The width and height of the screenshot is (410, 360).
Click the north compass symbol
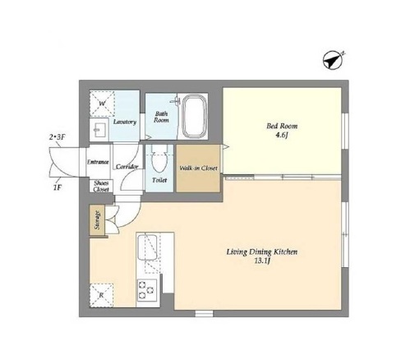coord(333,60)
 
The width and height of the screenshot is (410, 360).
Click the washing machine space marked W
coord(102,104)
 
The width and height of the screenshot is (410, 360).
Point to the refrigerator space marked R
coord(101,295)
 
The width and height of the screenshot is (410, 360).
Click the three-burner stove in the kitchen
coord(147,290)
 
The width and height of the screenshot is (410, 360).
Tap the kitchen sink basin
coord(147,247)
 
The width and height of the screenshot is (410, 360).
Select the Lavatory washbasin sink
coord(99,129)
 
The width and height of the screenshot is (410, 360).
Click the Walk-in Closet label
coord(198,168)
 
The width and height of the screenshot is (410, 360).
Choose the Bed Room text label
coord(282,126)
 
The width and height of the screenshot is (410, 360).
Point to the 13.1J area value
coord(262,261)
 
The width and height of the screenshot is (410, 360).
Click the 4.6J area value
coord(282,135)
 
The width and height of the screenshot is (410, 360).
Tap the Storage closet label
coord(97,220)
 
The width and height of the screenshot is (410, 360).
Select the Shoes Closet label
coord(101,187)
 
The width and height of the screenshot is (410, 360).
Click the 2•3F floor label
coord(57,137)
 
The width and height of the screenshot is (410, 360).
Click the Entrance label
coord(98,162)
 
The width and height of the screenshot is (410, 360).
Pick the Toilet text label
coord(159,180)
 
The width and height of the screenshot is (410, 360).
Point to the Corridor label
coord(127,166)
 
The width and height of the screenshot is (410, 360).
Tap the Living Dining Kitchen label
coord(262,252)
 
